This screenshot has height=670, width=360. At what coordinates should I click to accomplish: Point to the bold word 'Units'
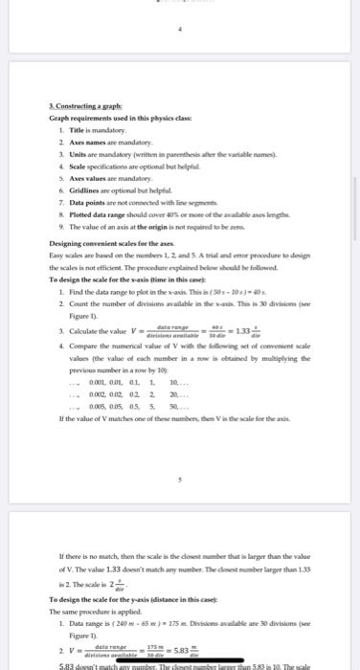(74, 152)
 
